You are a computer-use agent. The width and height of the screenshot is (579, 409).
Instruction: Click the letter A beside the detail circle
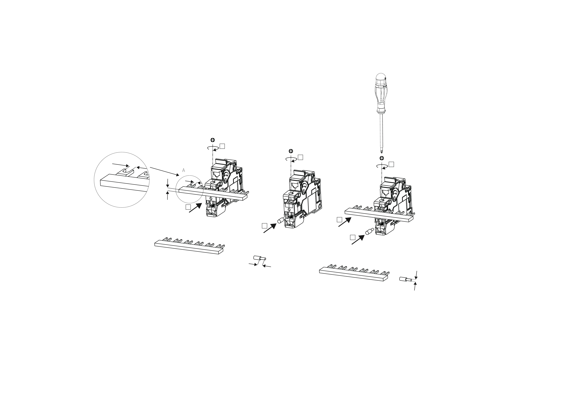click(x=184, y=170)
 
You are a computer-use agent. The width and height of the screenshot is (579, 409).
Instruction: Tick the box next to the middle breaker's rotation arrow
click(x=300, y=157)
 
